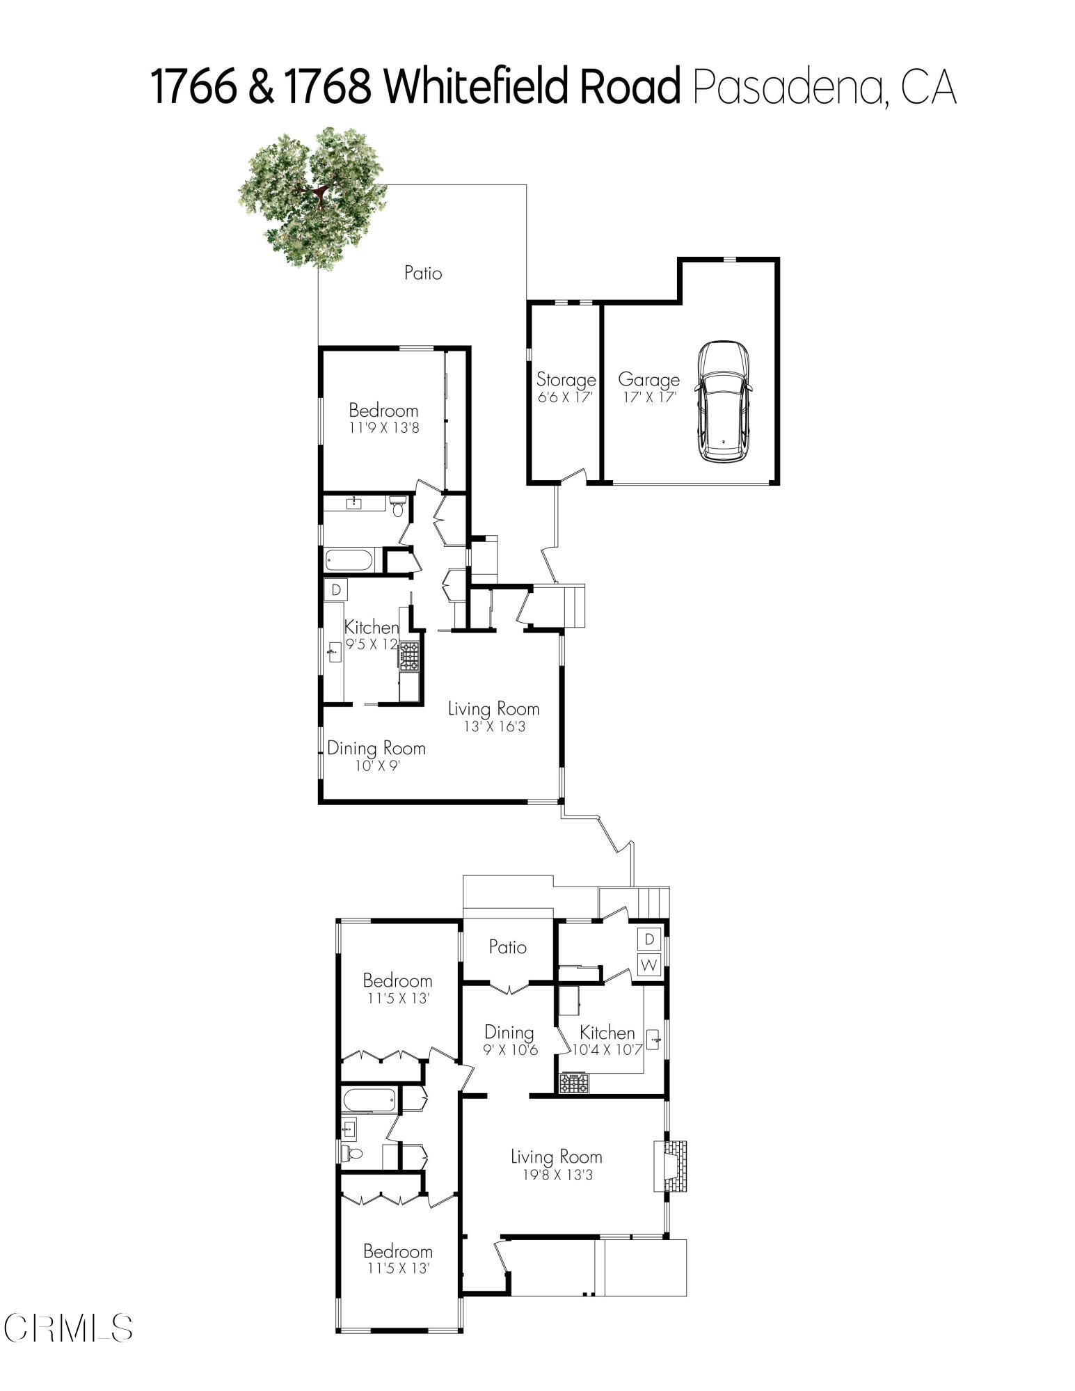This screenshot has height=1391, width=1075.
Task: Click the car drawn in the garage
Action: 724,402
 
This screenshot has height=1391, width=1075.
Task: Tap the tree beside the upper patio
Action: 313,198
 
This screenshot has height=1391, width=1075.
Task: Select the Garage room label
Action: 648,380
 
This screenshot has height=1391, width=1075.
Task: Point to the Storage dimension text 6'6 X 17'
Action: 565,398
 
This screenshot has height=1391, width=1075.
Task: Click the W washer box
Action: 649,965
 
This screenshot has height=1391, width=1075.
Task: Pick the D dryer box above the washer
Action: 649,939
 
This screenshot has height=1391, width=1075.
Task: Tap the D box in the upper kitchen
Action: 336,590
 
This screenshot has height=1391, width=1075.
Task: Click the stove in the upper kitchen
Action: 409,656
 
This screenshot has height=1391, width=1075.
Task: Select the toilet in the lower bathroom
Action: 354,1154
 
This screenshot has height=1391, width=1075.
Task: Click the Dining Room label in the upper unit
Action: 376,749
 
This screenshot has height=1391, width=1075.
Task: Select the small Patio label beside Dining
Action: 507,947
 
